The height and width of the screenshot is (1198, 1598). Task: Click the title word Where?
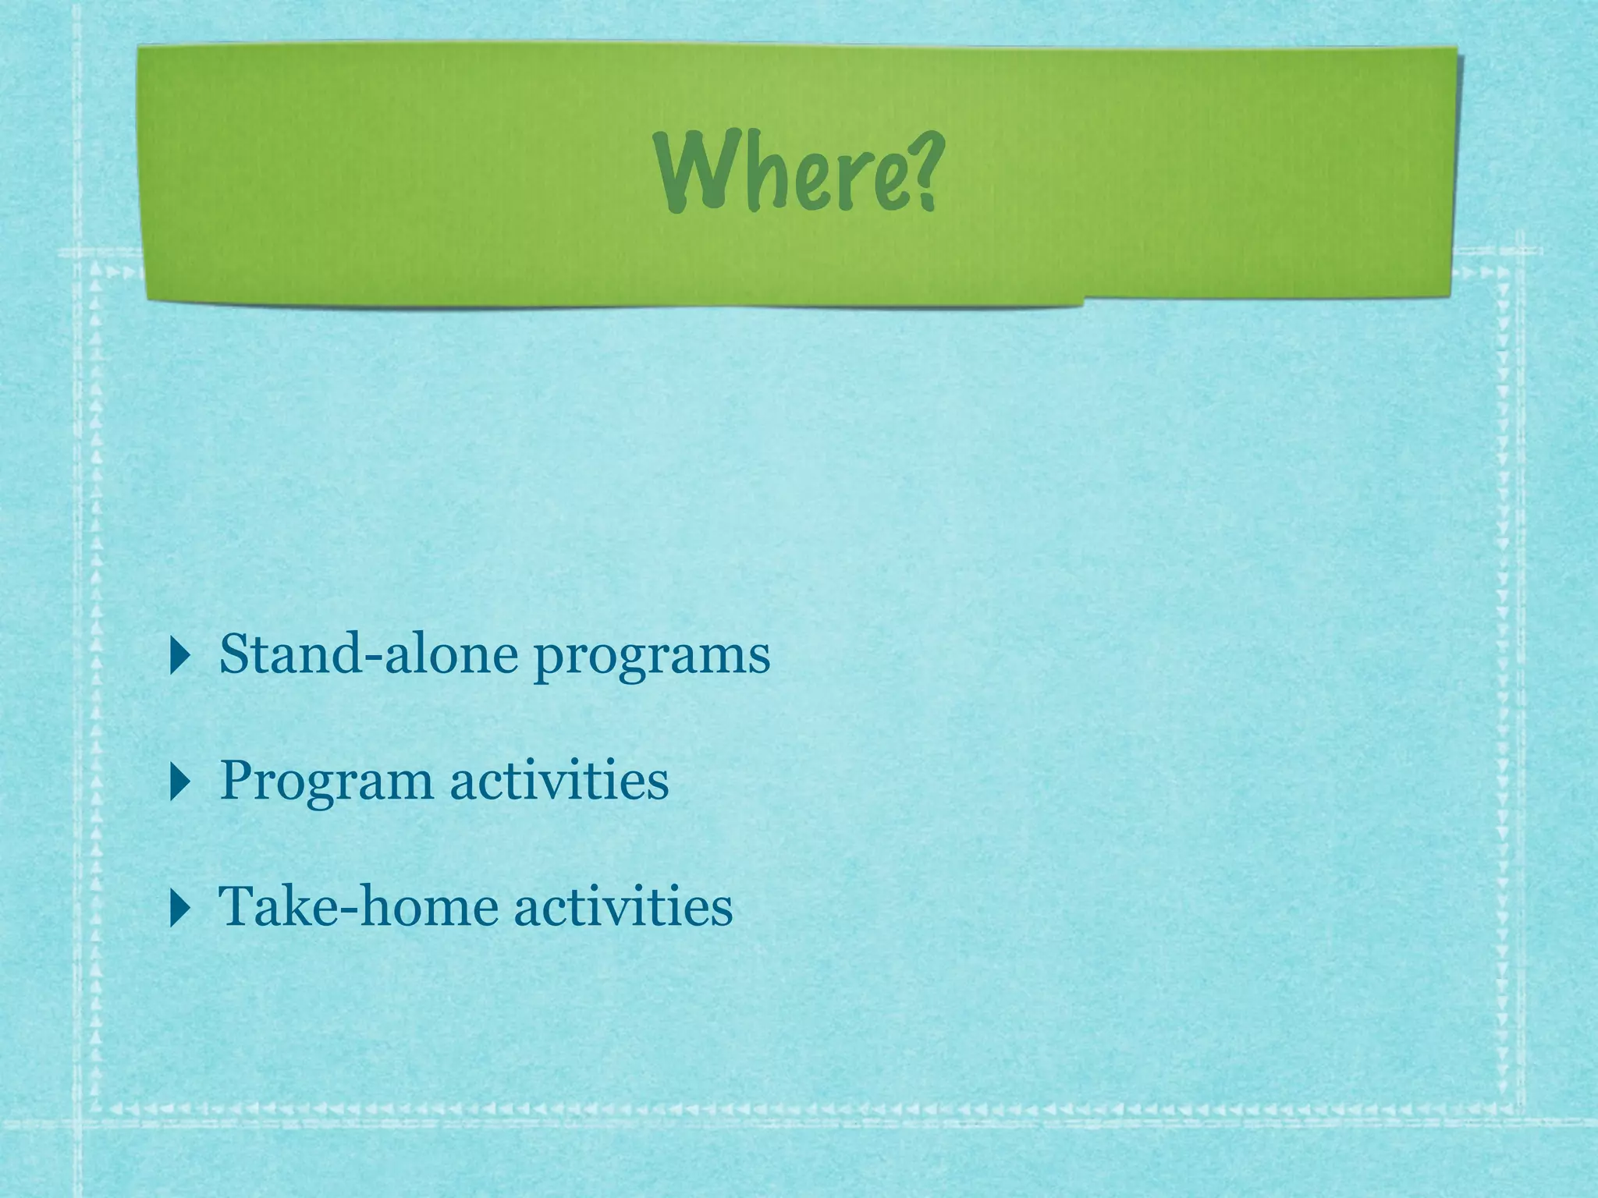[x=796, y=172]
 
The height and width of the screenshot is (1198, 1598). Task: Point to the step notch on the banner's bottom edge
[x=1083, y=301]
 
